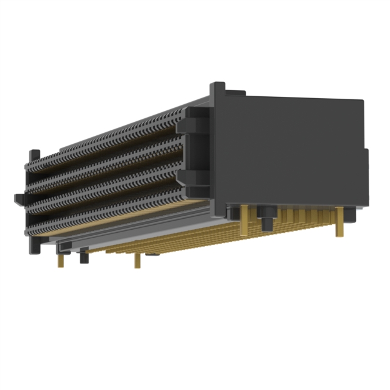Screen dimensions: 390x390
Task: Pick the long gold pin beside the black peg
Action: [245, 219]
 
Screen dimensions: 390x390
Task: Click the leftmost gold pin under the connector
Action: [61, 259]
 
